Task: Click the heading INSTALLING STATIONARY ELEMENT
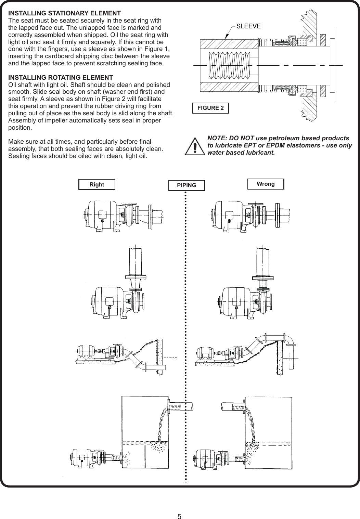(x=64, y=13)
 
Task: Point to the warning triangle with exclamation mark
(x=194, y=146)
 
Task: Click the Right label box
(x=97, y=185)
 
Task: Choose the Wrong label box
(x=266, y=184)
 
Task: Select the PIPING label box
(x=187, y=185)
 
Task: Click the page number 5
(x=180, y=507)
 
